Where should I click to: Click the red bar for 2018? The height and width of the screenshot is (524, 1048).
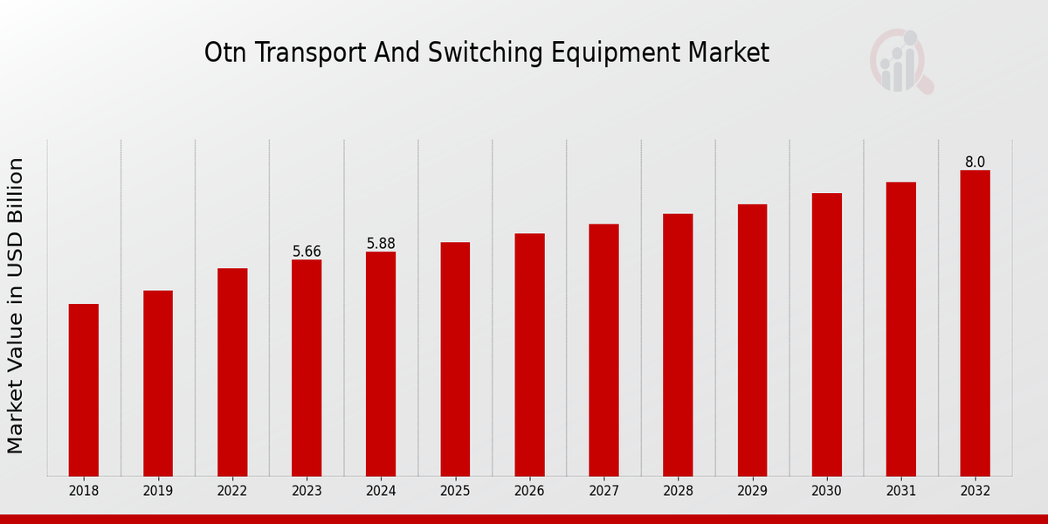click(84, 390)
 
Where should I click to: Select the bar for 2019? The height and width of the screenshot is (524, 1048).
click(158, 383)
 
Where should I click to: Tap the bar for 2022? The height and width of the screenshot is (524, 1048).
click(232, 372)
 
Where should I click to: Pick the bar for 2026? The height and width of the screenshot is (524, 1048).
click(529, 355)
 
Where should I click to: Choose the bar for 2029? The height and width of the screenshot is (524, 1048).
click(752, 340)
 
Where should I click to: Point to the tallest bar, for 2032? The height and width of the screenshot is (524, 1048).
click(975, 323)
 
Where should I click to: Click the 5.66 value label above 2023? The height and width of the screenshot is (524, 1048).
click(307, 252)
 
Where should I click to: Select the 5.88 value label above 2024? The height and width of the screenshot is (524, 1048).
click(381, 244)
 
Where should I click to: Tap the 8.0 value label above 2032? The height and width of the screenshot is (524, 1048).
click(975, 162)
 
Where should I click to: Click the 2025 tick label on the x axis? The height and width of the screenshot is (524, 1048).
click(455, 492)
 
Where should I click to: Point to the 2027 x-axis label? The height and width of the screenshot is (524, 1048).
click(603, 492)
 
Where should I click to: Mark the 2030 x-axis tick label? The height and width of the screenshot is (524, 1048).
click(826, 492)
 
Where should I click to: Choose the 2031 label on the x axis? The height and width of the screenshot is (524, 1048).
click(900, 492)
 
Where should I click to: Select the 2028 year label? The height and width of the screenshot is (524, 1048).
click(678, 492)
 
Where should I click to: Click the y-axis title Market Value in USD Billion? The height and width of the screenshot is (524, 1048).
click(16, 306)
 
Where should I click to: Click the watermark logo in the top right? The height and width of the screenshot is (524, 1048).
click(900, 61)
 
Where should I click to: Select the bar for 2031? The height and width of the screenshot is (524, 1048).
click(900, 329)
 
